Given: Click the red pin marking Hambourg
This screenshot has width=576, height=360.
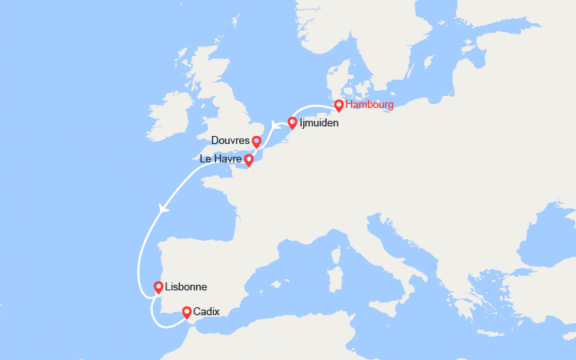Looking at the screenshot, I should coord(339,105).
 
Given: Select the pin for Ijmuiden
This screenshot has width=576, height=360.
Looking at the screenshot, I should coord(293,122).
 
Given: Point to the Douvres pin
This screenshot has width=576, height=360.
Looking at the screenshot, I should coord(256,142).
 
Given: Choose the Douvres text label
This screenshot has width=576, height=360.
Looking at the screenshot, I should coord(230,141).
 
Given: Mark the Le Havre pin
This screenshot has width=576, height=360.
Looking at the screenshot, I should coord(249,160).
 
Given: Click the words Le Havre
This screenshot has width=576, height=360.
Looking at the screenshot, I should coord(220,160).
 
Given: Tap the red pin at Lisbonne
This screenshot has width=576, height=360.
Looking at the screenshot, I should coord(158,286).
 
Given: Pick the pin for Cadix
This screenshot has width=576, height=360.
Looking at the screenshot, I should coord(186,312).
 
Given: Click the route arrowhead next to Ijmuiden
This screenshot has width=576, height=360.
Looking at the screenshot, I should coord(274,124).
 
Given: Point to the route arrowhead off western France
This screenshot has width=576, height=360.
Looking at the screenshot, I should coord(164,209).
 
